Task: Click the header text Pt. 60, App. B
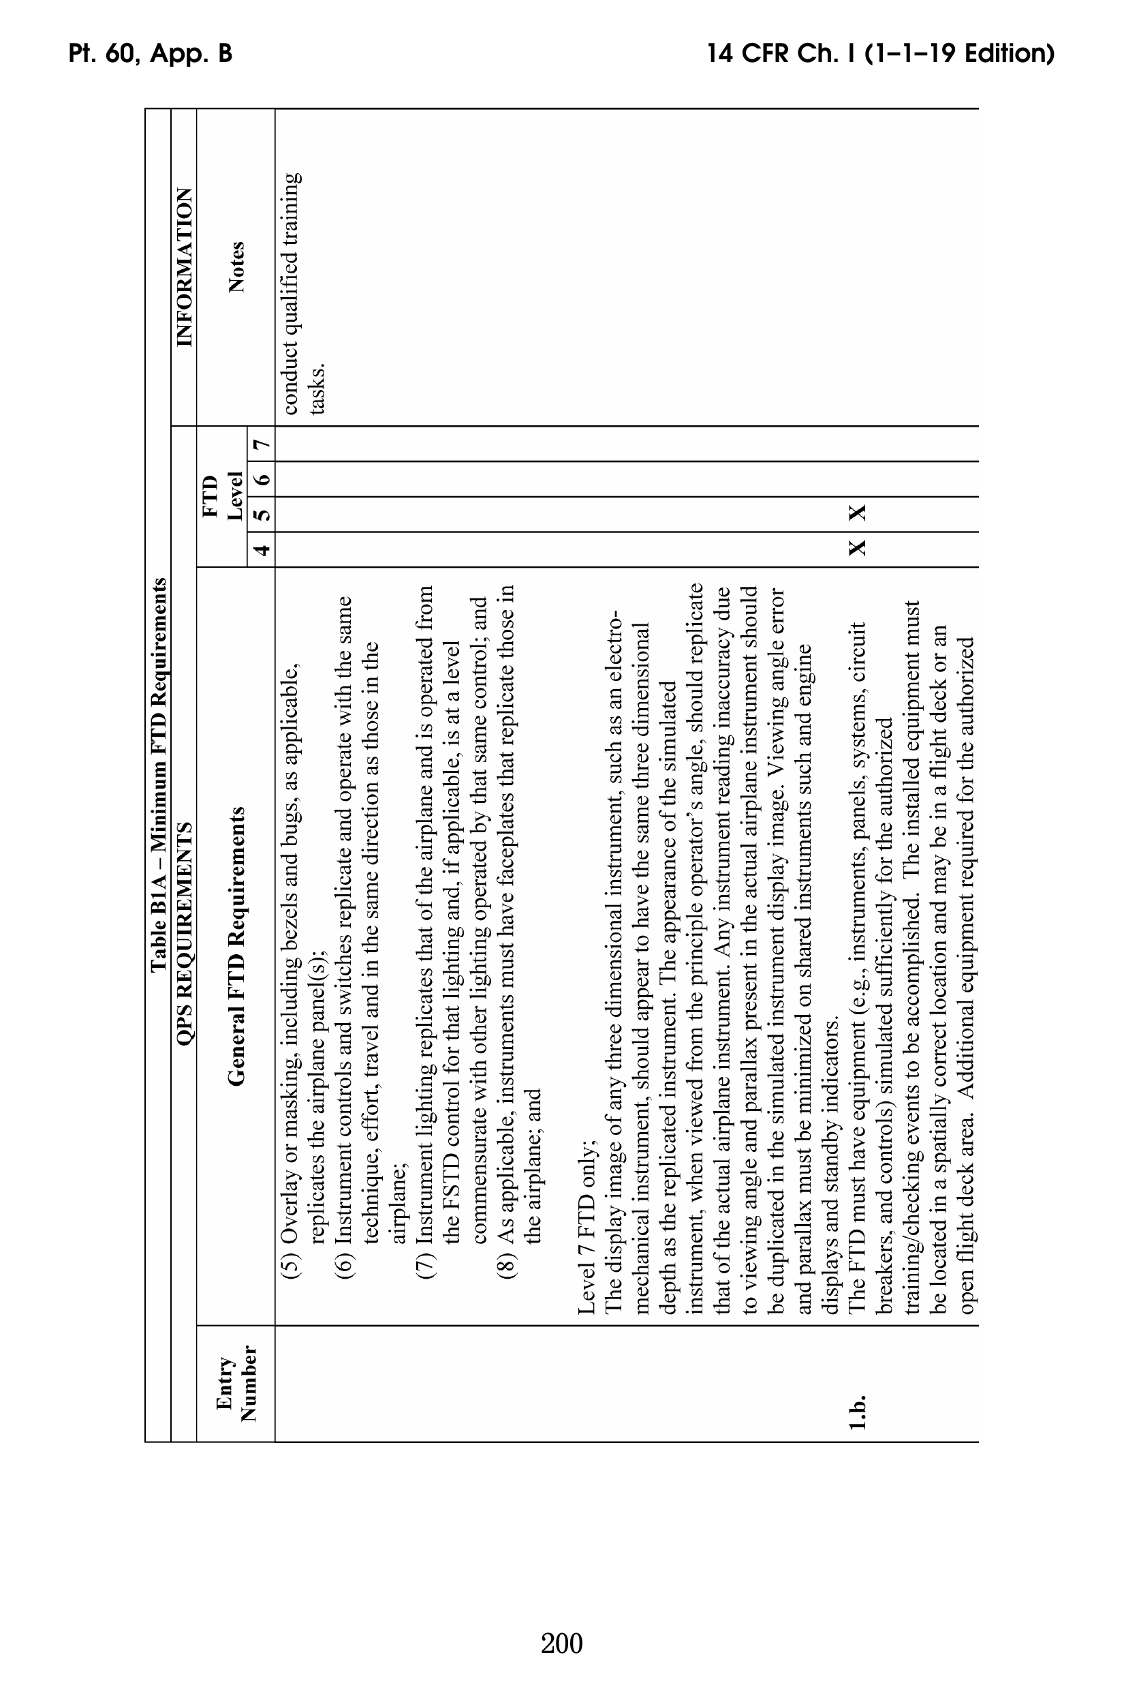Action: point(151,54)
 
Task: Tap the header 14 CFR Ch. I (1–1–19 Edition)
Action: point(879,54)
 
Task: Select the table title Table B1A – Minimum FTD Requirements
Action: point(159,774)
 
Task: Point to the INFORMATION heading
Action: point(184,267)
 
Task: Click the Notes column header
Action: point(236,267)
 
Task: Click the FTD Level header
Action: point(221,497)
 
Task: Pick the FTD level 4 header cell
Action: point(262,550)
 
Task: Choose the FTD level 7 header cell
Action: point(262,444)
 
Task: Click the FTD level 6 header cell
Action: point(262,479)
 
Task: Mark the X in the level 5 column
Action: point(858,513)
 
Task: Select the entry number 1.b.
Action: point(858,1412)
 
